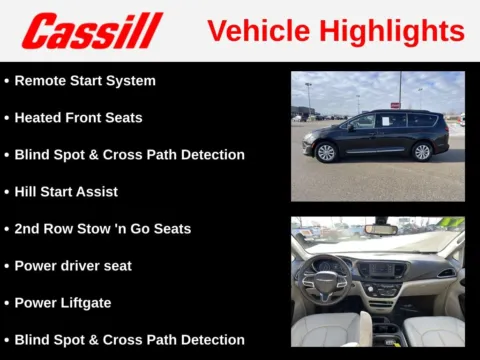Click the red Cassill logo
pyautogui.click(x=92, y=30)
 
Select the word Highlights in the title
pyautogui.click(x=392, y=30)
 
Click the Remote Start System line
pyautogui.click(x=85, y=80)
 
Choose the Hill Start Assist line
pyautogui.click(x=66, y=191)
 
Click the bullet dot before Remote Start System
pyautogui.click(x=7, y=80)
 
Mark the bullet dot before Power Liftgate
pyautogui.click(x=7, y=303)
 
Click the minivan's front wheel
pyautogui.click(x=326, y=152)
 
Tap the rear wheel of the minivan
pyautogui.click(x=422, y=151)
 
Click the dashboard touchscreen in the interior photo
pyautogui.click(x=383, y=270)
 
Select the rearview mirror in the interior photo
pyautogui.click(x=380, y=229)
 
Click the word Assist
pyautogui.click(x=97, y=191)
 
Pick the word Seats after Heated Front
pyautogui.click(x=122, y=117)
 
